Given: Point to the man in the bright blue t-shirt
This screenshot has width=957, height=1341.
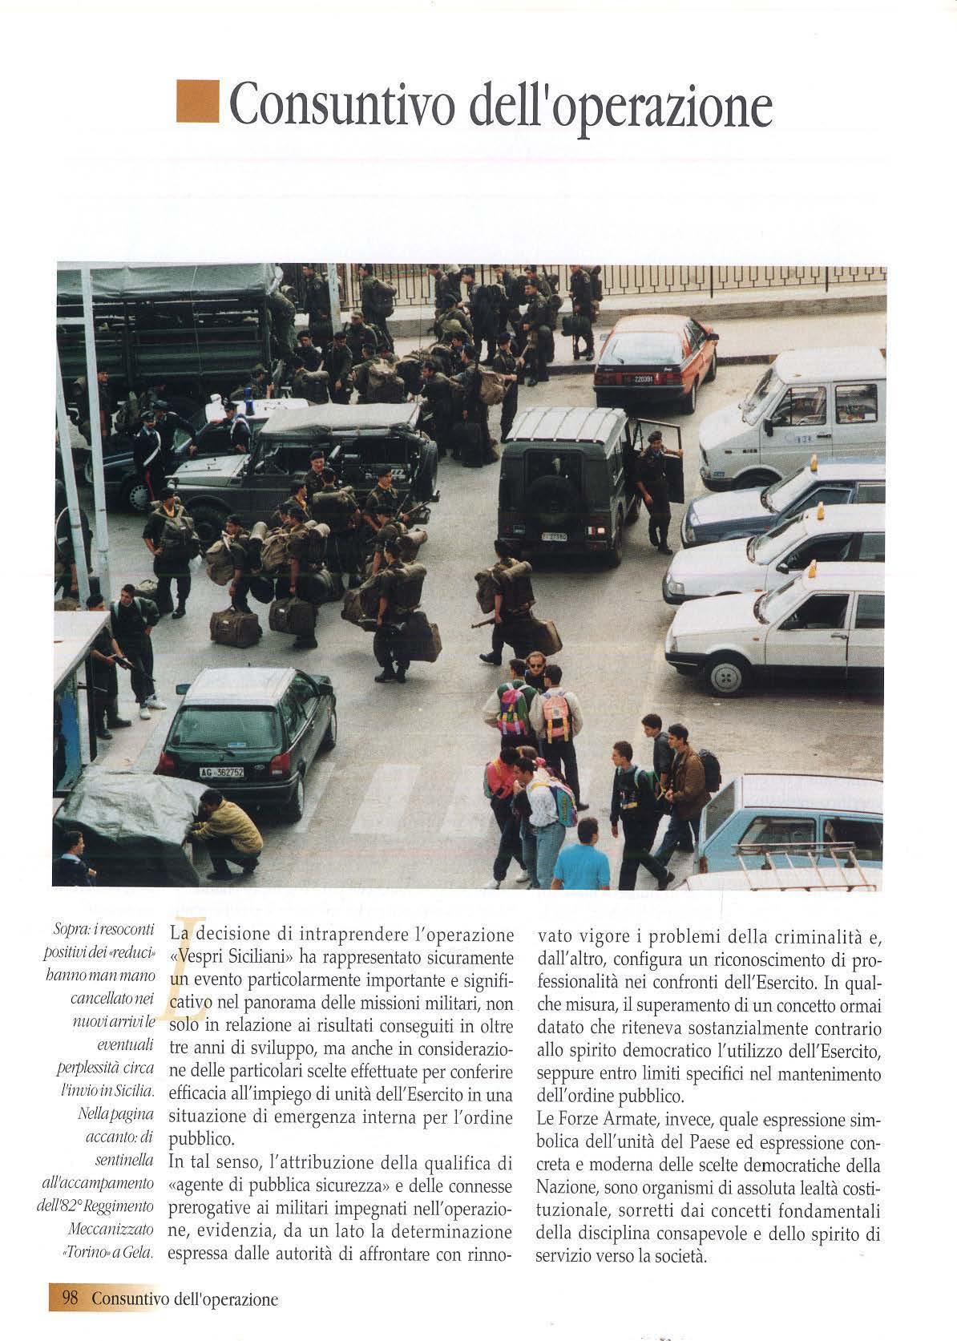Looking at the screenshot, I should click(x=580, y=863).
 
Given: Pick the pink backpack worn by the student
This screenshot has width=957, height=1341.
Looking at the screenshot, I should click(x=555, y=716).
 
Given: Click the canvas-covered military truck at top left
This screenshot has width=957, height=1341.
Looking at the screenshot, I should click(x=172, y=321).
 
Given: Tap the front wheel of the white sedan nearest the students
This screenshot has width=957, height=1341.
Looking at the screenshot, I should click(x=725, y=676).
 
